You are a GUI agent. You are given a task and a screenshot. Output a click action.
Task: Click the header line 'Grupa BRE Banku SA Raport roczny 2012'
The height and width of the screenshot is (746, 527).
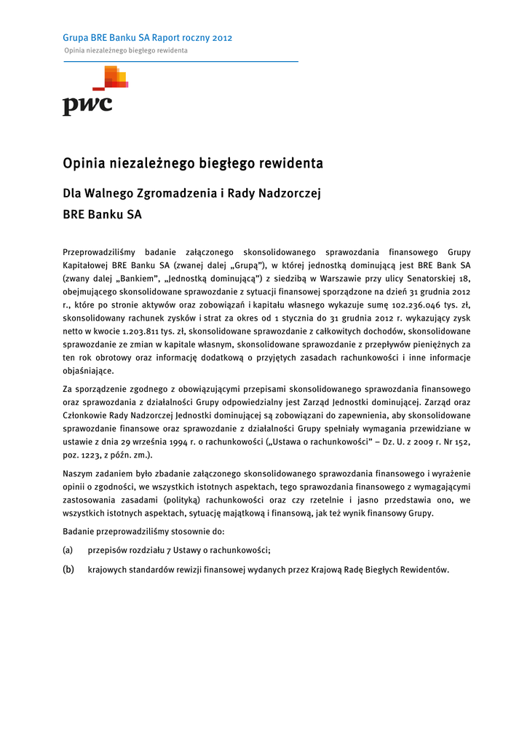[x=148, y=38]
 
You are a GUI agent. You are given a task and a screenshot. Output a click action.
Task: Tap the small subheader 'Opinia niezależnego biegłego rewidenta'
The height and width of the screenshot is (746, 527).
[x=125, y=51]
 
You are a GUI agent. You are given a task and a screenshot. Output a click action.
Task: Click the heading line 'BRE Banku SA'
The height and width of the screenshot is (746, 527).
[x=103, y=216]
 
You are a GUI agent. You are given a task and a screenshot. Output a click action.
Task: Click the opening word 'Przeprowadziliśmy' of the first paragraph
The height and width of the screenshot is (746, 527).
[x=98, y=252]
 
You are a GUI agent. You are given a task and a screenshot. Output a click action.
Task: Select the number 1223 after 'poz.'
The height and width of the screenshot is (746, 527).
[x=91, y=455]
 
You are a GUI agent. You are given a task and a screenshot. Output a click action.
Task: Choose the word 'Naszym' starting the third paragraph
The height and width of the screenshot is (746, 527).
[x=78, y=474]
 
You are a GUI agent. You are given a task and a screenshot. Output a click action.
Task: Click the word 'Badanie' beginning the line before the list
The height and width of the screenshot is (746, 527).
[x=79, y=532]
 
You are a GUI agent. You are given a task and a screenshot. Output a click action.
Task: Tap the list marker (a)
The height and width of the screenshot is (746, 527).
[x=68, y=551]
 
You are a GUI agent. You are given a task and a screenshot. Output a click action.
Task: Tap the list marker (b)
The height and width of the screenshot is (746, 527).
[x=68, y=570]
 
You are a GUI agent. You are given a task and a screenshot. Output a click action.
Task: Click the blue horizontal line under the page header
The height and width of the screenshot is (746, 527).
[x=181, y=62]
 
